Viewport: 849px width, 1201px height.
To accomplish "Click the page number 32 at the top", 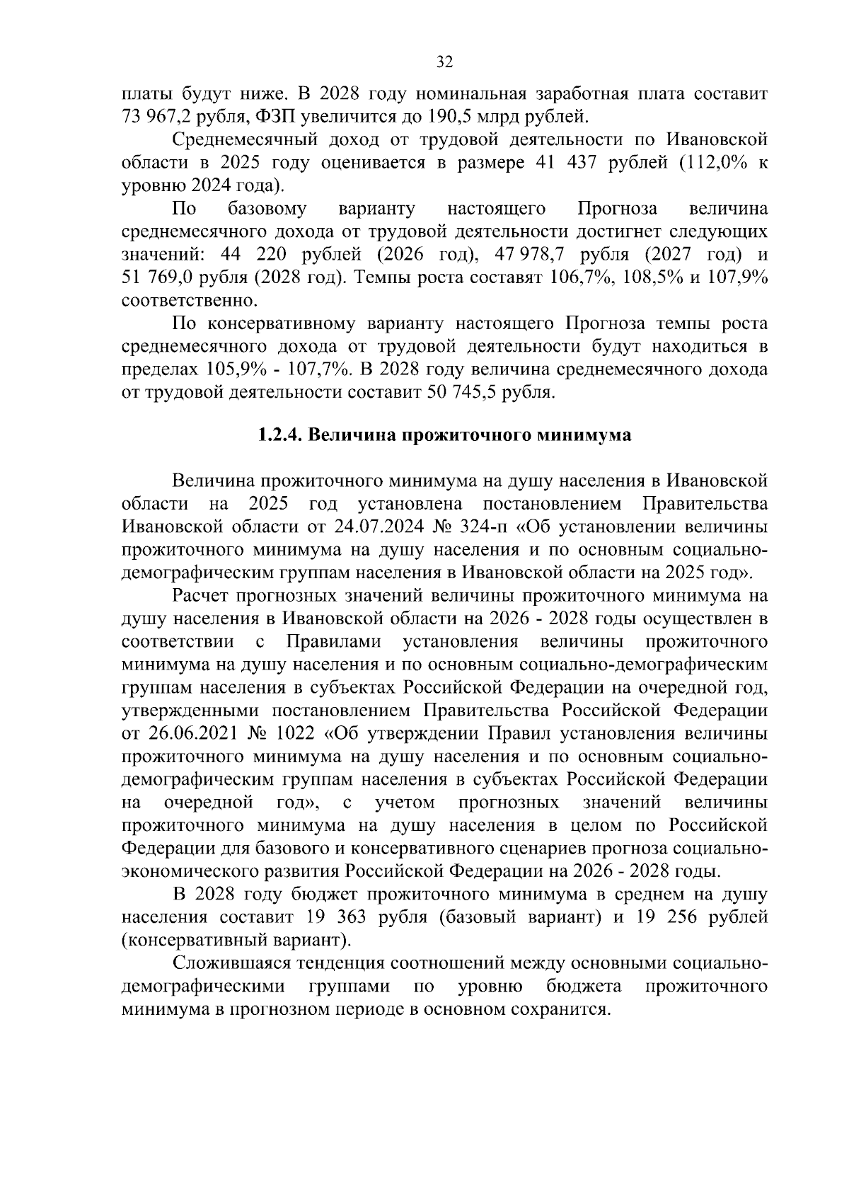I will tap(444, 62).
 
